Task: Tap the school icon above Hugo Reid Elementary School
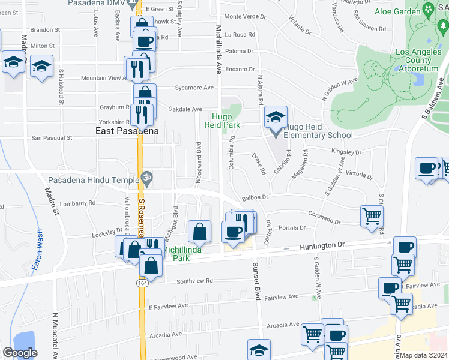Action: pos(276,116)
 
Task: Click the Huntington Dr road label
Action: pos(324,245)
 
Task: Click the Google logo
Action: pos(19,353)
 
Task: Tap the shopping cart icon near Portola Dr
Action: pos(372,216)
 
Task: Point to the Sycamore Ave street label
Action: pos(194,88)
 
